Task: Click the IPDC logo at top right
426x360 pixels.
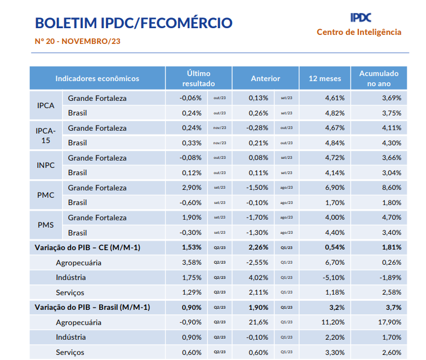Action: (361, 17)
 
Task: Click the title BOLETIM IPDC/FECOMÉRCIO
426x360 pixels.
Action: (134, 23)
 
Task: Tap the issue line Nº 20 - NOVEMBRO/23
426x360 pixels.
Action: (78, 41)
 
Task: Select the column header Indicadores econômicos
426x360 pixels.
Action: (97, 78)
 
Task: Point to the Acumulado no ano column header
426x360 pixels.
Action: (379, 78)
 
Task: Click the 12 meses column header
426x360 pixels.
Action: (325, 78)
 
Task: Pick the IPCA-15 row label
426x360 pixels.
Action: (46, 135)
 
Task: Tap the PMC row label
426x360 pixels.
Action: (46, 195)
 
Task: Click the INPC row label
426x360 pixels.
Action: (46, 165)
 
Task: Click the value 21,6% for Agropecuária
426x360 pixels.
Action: (259, 322)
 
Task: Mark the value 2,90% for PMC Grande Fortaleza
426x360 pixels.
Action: (192, 188)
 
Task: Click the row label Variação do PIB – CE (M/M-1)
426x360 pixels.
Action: (87, 247)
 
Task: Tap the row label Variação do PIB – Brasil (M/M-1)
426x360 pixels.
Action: (92, 307)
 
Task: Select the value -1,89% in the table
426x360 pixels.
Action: (390, 277)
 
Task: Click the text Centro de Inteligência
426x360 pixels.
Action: (359, 32)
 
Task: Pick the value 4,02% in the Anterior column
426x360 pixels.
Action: (259, 277)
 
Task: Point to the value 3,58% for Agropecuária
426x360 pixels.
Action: (192, 262)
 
